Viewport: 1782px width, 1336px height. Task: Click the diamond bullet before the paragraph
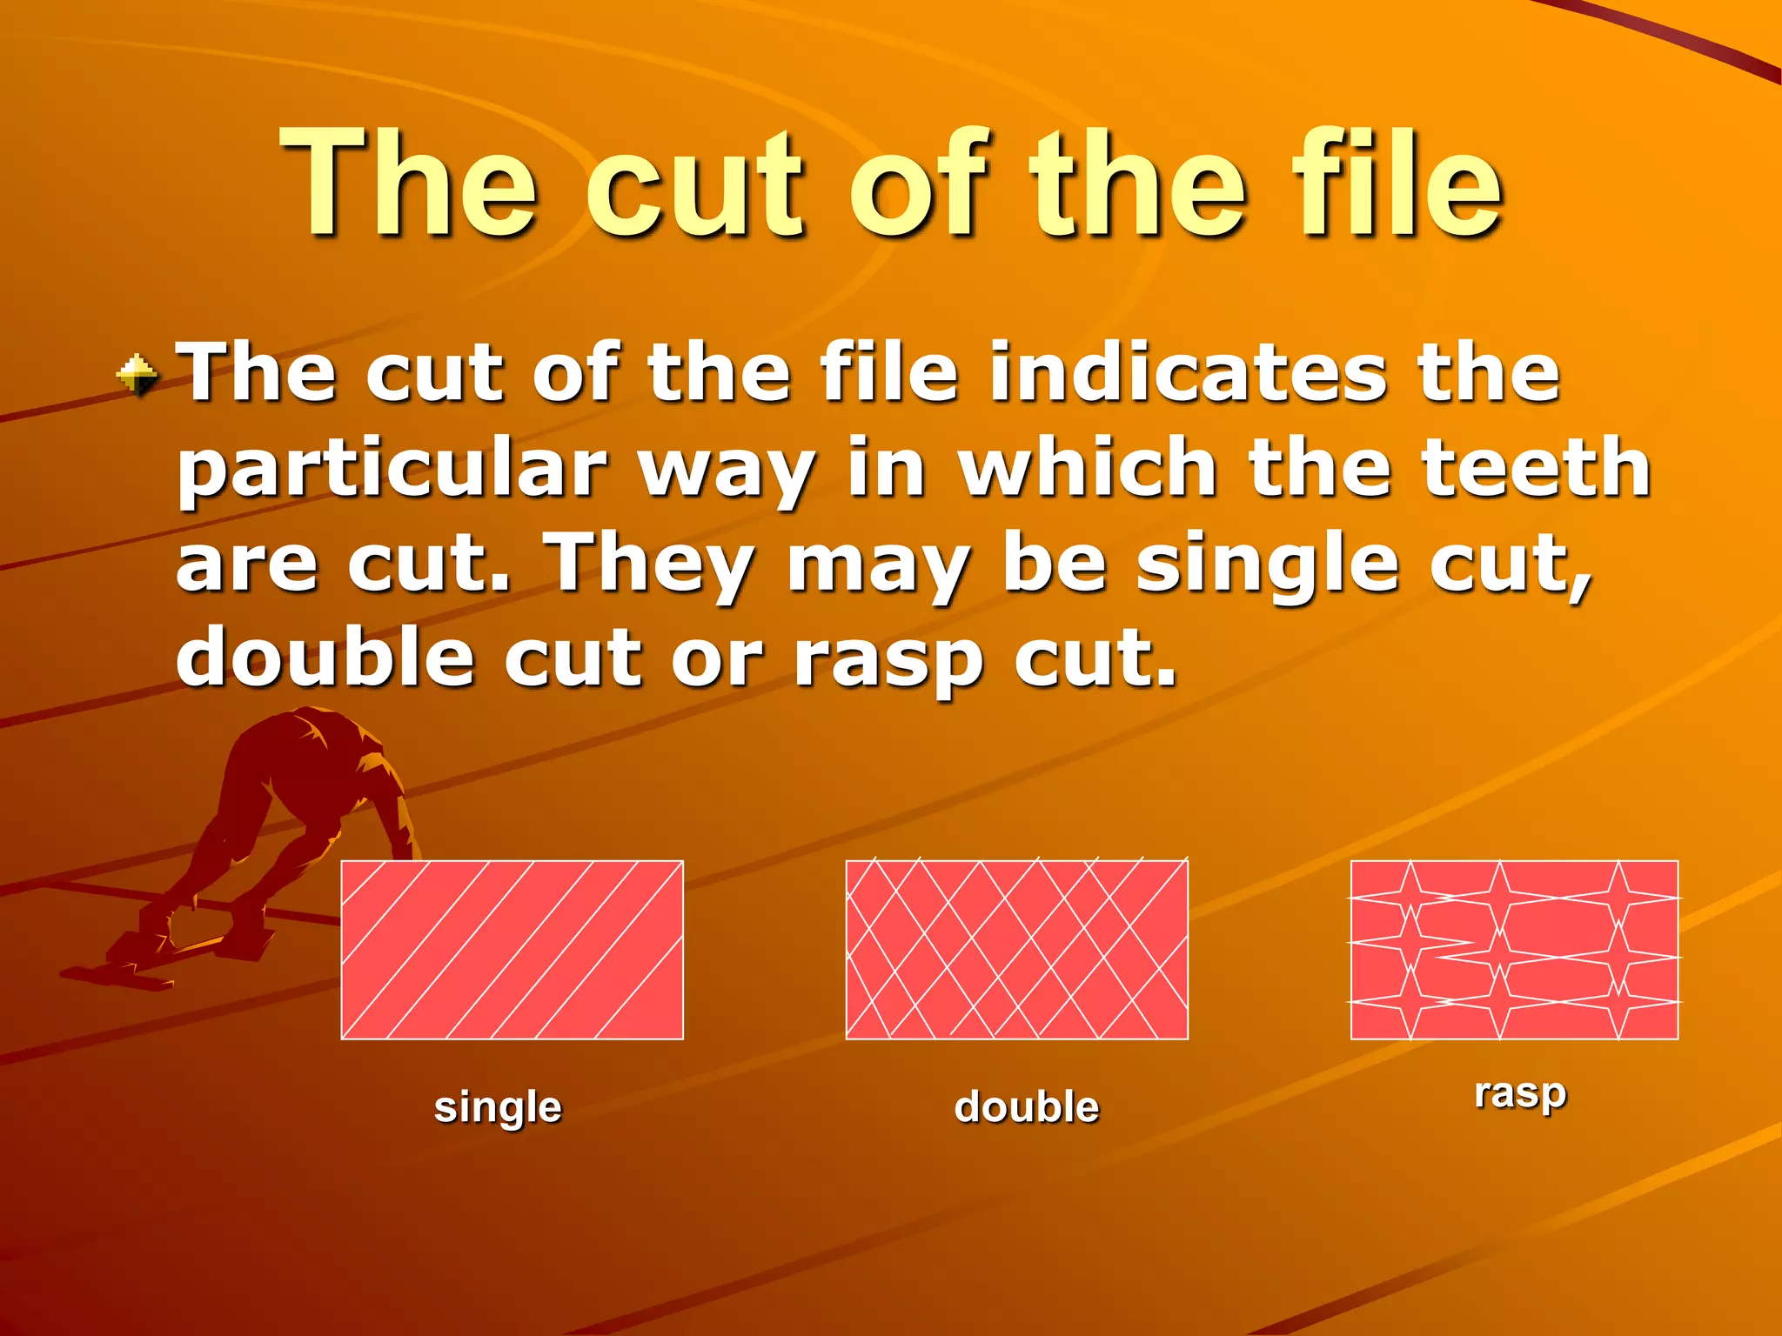(137, 376)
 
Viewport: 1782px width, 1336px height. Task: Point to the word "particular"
(392, 470)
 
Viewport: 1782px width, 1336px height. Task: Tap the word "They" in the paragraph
(649, 564)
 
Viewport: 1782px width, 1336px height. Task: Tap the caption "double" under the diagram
(1027, 1107)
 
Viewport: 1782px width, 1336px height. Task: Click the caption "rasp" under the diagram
(1520, 1095)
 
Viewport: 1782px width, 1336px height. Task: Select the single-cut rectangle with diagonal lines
(512, 950)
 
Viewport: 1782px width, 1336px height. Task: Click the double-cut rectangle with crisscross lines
(1016, 950)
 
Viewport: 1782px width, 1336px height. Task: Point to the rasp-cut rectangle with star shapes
(1514, 950)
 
